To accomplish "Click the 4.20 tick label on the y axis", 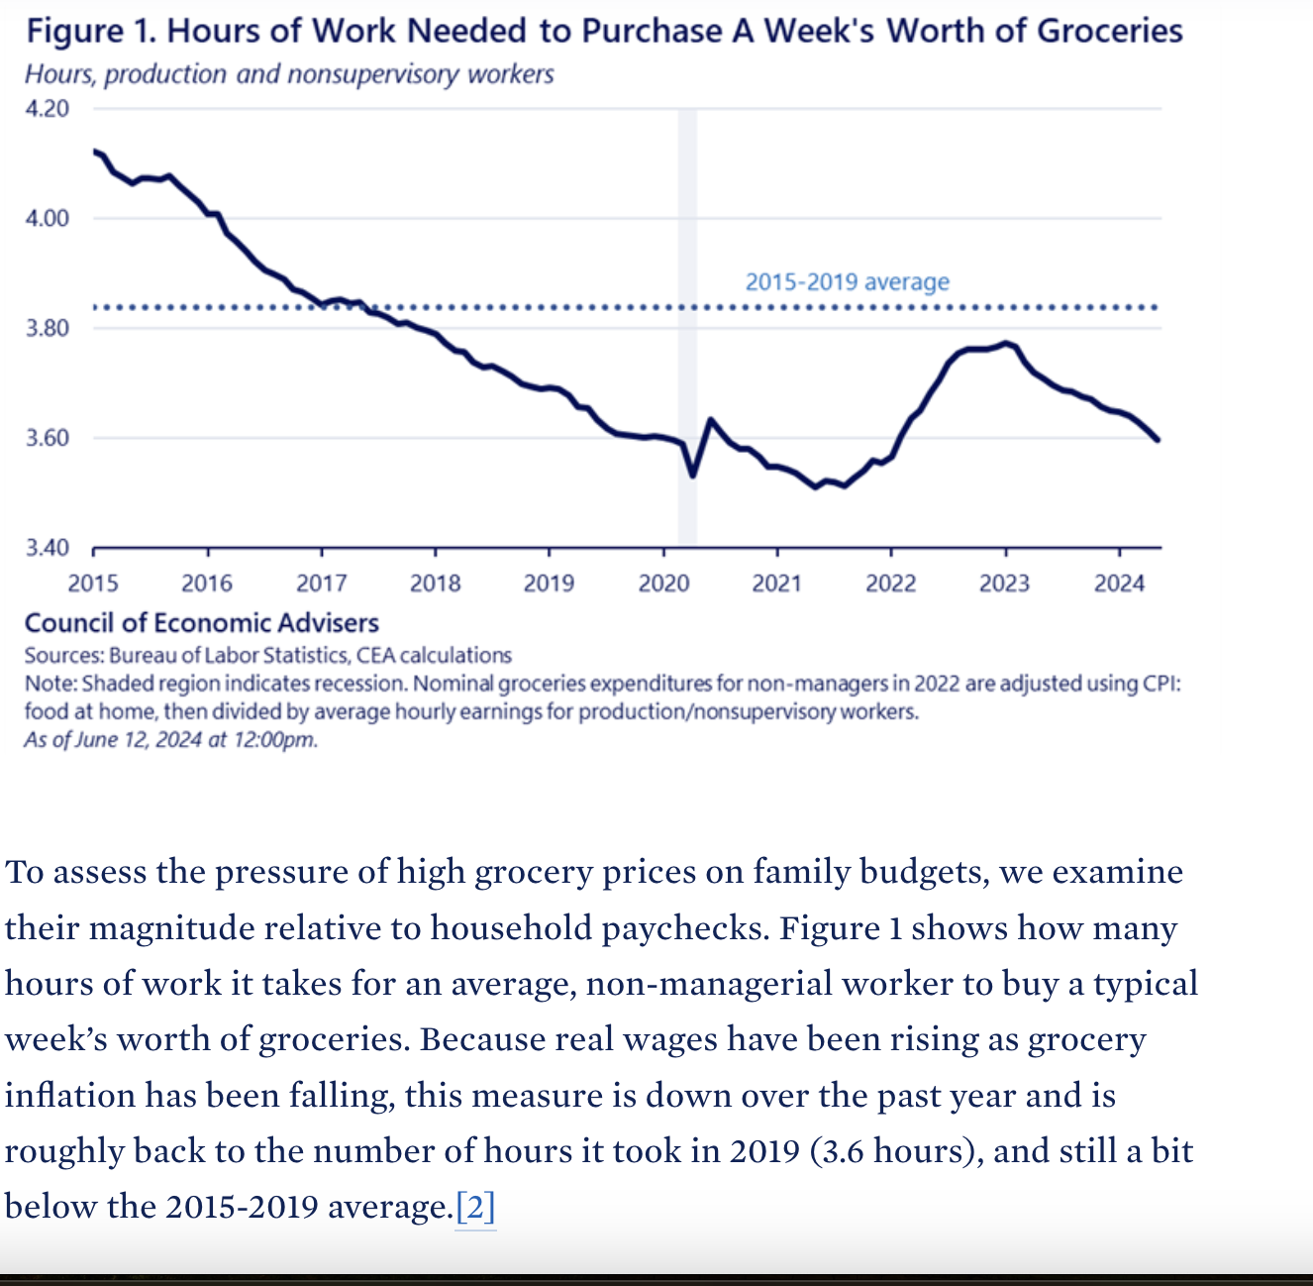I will (x=47, y=108).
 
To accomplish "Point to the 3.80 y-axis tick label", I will (x=47, y=328).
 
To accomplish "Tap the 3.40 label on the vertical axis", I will (x=47, y=548).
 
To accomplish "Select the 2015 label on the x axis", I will (x=93, y=583).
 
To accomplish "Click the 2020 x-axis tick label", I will (x=663, y=583).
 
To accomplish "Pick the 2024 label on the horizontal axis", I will (x=1119, y=583).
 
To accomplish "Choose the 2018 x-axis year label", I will (x=436, y=583).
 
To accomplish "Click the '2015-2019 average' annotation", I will (x=847, y=282).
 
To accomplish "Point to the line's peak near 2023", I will (x=1006, y=343).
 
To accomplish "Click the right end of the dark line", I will (x=1158, y=440).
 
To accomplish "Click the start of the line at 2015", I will (x=95, y=151).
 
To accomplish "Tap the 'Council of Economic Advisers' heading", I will (x=202, y=623).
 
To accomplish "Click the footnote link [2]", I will (x=475, y=1207).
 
